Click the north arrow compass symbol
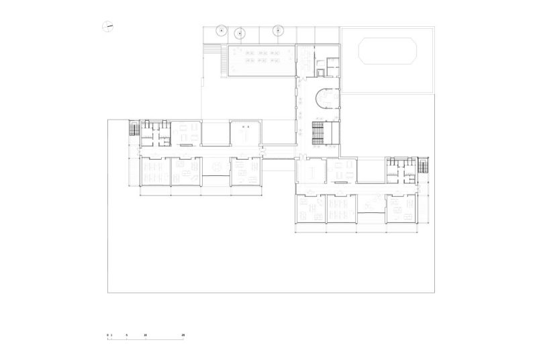pyautogui.click(x=107, y=27)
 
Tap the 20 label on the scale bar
pyautogui.click(x=183, y=334)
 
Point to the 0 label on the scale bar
pyautogui.click(x=107, y=334)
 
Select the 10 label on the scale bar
pyautogui.click(x=145, y=334)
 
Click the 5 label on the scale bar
pyautogui.click(x=126, y=334)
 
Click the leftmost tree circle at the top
pyautogui.click(x=221, y=30)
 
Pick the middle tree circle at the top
pyautogui.click(x=239, y=32)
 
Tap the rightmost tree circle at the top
pyautogui.click(x=279, y=30)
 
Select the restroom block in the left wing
pyautogui.click(x=154, y=132)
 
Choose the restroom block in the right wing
pyautogui.click(x=401, y=170)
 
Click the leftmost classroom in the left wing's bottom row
pyautogui.click(x=154, y=171)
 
